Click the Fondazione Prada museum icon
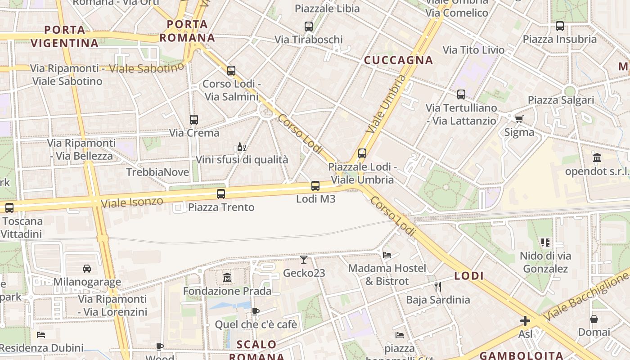pos(227,277)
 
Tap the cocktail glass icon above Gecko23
pos(304,259)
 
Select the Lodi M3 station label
pos(315,198)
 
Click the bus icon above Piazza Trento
pos(220,194)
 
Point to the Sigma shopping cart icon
pos(519,119)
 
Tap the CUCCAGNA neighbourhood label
pos(398,60)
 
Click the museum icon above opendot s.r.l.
pos(597,157)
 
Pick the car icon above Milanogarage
pos(87,269)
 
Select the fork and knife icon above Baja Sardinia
pos(438,286)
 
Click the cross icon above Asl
pos(525,321)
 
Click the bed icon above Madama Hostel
pos(387,255)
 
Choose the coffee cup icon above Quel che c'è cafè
pos(255,311)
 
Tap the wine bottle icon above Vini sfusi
pos(241,147)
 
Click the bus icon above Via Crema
pos(194,120)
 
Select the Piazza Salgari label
pos(561,100)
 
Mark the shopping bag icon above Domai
pos(594,319)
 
